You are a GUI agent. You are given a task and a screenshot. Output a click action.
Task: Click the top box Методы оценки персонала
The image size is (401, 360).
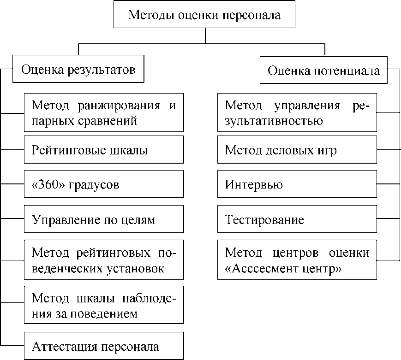coord(204,15)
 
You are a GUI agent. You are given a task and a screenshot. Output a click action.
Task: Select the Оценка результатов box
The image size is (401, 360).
coord(78,70)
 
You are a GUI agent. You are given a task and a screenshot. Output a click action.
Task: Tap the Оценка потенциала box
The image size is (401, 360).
coord(324,71)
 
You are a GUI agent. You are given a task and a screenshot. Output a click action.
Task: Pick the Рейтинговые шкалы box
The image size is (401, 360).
coord(104,150)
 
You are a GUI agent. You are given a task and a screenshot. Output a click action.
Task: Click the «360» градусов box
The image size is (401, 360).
coord(104,185)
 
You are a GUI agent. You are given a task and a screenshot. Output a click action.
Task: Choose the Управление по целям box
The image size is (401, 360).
coord(104,219)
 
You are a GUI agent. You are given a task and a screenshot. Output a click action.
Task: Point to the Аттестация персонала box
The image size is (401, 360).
coord(104,346)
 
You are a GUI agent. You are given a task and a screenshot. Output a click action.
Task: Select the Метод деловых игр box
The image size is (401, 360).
coord(297,150)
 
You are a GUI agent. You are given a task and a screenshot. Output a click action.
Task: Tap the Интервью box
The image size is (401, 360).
coord(297,185)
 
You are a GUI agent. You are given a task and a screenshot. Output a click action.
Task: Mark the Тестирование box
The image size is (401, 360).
coord(297,219)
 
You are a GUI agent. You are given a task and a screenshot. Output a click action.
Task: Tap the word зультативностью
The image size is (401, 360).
coord(274,121)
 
